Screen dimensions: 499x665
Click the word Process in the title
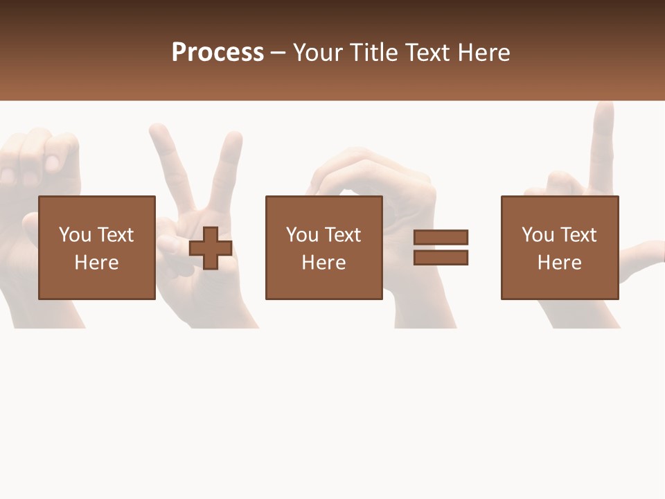coord(218,53)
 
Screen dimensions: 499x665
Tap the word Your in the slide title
coord(319,53)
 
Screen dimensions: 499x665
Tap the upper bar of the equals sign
coord(441,237)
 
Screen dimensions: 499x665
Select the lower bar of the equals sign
coord(441,258)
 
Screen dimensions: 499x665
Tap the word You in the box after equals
coord(538,235)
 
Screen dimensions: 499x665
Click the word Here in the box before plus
coord(96,263)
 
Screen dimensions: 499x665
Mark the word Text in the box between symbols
coord(343,235)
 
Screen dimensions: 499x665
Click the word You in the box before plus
coord(75,235)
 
